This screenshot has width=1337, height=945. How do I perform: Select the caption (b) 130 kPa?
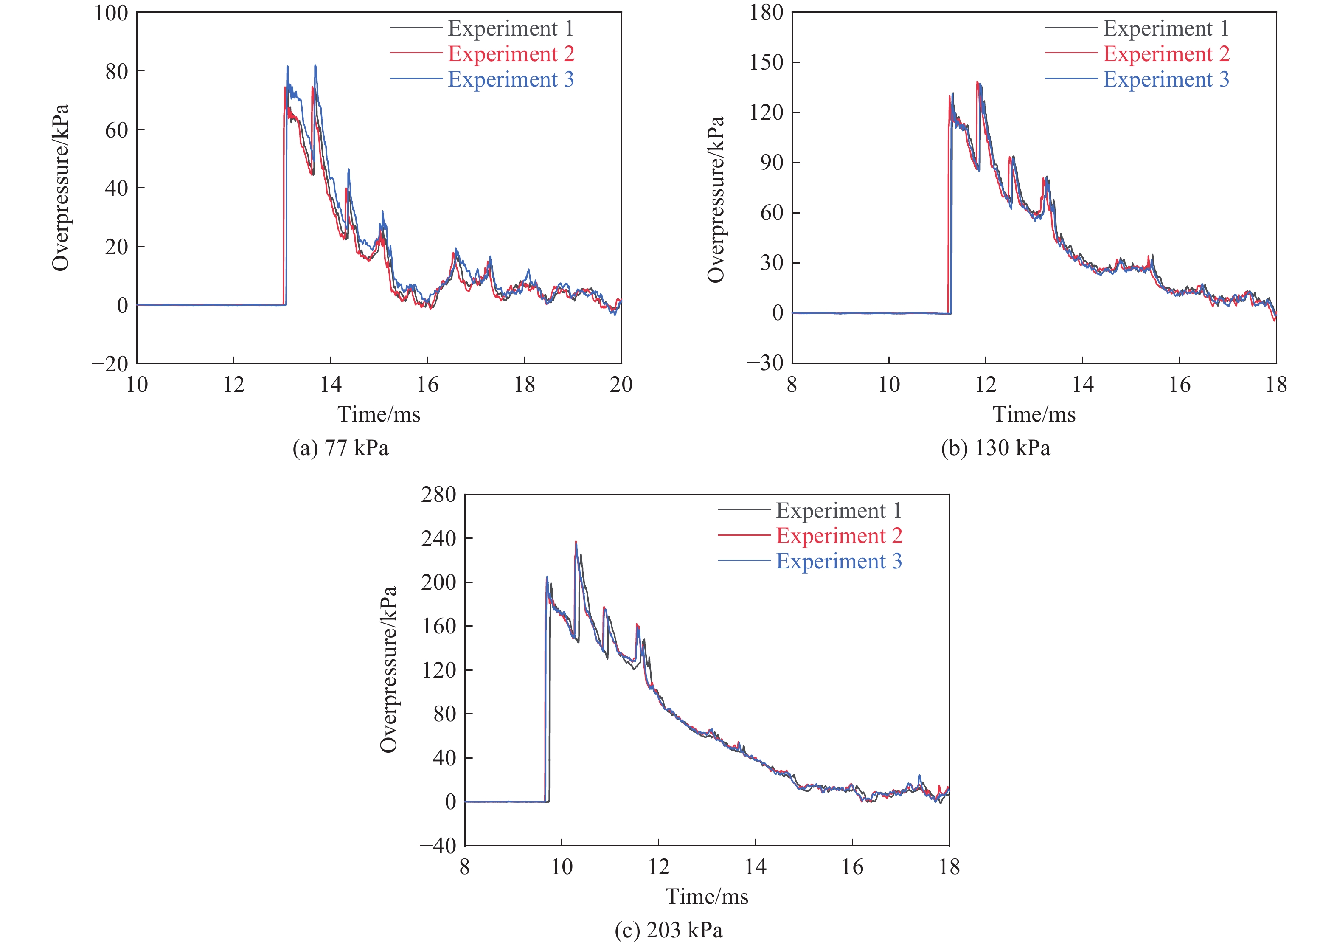995,448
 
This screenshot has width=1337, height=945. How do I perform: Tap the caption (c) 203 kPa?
668,930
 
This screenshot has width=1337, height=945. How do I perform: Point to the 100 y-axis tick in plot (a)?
111,13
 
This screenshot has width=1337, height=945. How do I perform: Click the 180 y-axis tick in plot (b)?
766,13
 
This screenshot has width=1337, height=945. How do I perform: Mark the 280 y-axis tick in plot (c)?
438,495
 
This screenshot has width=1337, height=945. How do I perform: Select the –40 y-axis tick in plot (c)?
438,845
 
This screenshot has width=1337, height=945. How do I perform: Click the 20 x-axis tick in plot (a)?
621,384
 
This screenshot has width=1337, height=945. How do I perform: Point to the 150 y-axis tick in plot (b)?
766,62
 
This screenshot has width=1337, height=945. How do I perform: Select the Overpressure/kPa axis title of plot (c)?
388,669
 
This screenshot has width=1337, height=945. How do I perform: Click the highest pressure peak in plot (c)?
576,542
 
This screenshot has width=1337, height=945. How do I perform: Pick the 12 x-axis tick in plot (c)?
659,867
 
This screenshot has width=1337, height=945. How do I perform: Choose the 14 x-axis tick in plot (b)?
1082,384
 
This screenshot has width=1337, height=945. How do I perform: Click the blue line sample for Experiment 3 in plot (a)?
416,79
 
